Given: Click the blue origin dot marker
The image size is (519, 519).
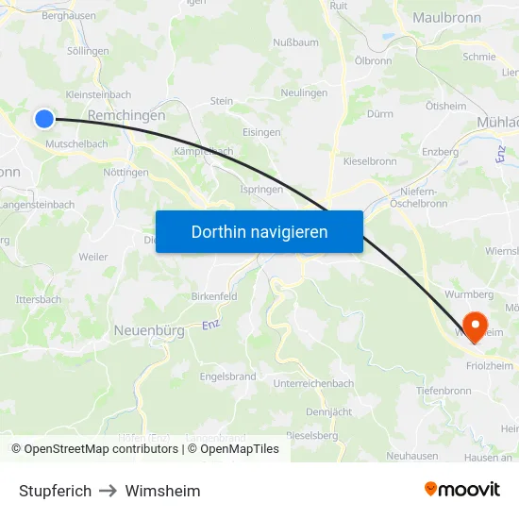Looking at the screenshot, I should coord(44,118).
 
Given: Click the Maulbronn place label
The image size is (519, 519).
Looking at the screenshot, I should coord(448,18).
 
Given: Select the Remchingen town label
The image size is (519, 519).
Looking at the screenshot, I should coord(126,115).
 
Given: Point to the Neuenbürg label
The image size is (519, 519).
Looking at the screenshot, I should coord(149,330).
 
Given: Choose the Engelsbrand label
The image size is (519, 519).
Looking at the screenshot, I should coord(227,376).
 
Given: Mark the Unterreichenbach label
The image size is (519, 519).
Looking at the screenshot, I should coord(313,383).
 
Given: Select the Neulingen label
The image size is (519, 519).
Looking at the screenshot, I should coord(305,93).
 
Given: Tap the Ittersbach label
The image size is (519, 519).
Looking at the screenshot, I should coord(39,299).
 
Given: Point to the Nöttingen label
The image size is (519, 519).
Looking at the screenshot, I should coord(126,173).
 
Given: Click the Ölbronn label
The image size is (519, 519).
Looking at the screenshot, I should coord(373,60).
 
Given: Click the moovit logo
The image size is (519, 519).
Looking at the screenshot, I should coord(462,489).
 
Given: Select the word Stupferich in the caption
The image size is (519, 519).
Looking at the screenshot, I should coord(55,491).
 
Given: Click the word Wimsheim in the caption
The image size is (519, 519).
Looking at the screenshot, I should coord(162,491).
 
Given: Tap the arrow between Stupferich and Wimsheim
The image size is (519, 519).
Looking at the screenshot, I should coord(109,491).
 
